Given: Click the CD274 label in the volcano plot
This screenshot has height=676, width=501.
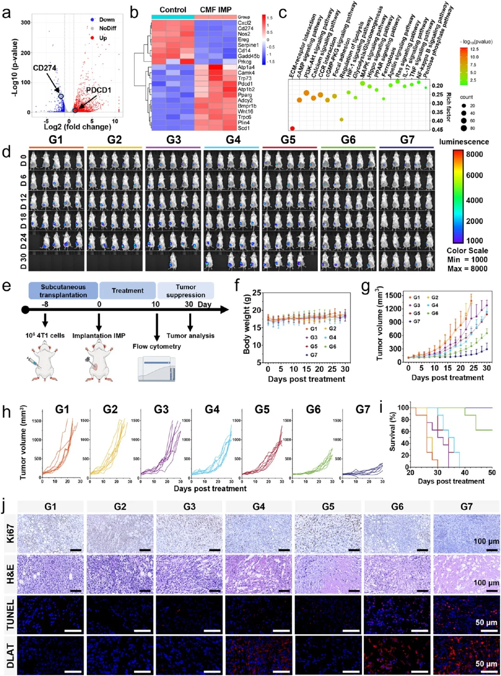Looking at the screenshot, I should (x=45, y=68).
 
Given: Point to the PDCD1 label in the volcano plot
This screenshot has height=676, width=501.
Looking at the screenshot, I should (x=98, y=90).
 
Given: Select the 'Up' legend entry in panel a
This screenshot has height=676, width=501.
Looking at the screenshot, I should (x=103, y=38).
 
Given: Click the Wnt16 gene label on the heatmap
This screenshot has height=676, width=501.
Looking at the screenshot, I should (x=245, y=111).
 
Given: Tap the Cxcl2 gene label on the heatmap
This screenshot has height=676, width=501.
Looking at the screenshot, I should (x=244, y=23).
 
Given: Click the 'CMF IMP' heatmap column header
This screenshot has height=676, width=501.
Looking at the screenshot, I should (x=215, y=10).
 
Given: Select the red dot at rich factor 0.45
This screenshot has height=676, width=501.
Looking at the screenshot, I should (x=292, y=129).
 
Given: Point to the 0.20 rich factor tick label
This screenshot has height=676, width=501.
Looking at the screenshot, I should (x=437, y=86).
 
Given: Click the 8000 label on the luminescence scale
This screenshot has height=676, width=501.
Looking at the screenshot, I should (x=474, y=154).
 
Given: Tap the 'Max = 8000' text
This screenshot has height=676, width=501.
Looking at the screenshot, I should (x=467, y=268).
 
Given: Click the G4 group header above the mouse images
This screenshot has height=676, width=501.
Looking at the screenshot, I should (x=233, y=140).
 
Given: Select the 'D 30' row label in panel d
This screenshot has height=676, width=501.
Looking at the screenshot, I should (x=23, y=261).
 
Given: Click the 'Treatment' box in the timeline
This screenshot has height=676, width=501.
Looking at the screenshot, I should (x=128, y=291).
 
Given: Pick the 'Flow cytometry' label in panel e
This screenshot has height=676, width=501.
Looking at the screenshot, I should (x=156, y=346).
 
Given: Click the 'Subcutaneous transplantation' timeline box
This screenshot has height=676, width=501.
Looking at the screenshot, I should (x=63, y=291).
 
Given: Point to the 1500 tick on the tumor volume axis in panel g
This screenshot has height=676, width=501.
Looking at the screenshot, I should (x=393, y=295).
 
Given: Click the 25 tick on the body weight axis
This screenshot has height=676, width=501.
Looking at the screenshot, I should (x=257, y=293).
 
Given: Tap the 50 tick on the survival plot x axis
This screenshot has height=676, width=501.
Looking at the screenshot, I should (x=492, y=473).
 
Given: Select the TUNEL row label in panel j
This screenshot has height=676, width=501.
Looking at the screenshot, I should (x=10, y=614).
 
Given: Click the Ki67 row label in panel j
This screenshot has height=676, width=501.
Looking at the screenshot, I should (x=10, y=533).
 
